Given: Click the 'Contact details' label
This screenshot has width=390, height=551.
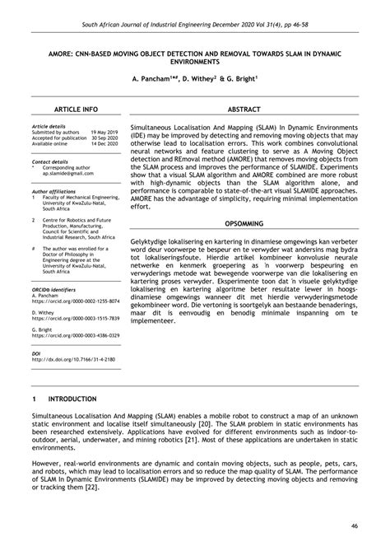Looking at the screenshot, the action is pos(49,162).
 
